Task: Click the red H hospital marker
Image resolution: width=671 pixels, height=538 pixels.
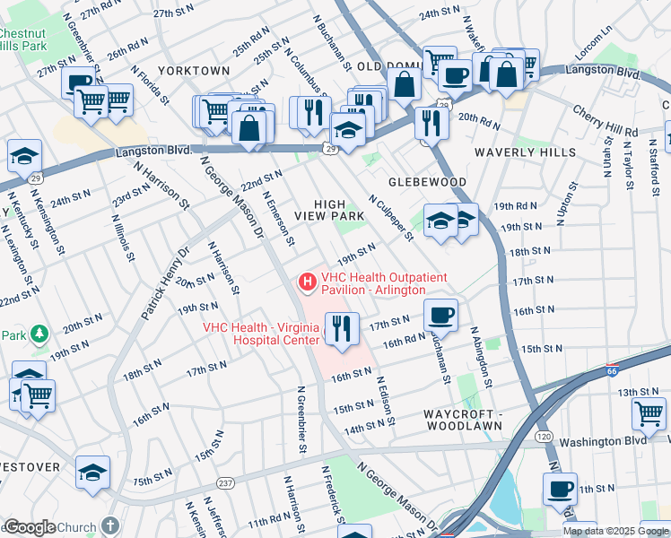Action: pos(308,282)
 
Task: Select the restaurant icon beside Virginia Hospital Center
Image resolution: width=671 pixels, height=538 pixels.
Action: pos(340,328)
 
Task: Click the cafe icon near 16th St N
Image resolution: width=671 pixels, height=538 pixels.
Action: pos(440,315)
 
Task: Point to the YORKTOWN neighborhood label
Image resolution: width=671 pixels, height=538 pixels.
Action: pos(194,70)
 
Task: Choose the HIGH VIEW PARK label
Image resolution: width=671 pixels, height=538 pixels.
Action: pos(338,210)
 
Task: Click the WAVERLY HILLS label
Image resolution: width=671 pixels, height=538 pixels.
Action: pos(526,152)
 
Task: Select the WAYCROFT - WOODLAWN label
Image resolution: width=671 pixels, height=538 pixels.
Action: pos(462,420)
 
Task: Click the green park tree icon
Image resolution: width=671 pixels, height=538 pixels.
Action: pos(39,334)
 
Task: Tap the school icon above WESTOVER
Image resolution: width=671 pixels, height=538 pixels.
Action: pos(92,472)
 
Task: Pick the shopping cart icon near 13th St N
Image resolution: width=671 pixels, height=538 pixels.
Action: pos(649,413)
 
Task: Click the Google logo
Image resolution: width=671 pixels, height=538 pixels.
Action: pos(30,527)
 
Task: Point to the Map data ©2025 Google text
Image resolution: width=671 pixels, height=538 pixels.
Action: pos(614,531)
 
